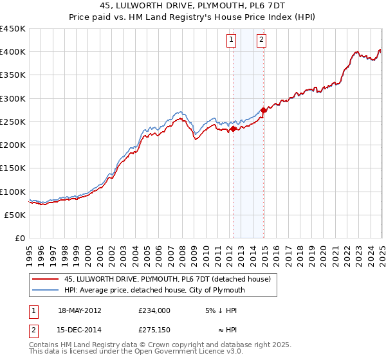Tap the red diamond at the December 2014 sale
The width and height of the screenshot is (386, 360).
pyautogui.click(x=263, y=110)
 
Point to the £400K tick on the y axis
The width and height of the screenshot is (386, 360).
pyautogui.click(x=13, y=52)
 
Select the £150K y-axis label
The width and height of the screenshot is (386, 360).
pyautogui.click(x=13, y=168)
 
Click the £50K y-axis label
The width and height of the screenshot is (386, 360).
pyautogui.click(x=15, y=215)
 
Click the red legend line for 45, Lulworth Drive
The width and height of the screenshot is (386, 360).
pyautogui.click(x=46, y=280)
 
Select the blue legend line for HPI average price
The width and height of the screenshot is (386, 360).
pyautogui.click(x=46, y=290)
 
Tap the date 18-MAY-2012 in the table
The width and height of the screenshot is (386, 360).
pyautogui.click(x=80, y=310)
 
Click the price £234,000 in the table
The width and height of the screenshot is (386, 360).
pyautogui.click(x=154, y=310)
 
